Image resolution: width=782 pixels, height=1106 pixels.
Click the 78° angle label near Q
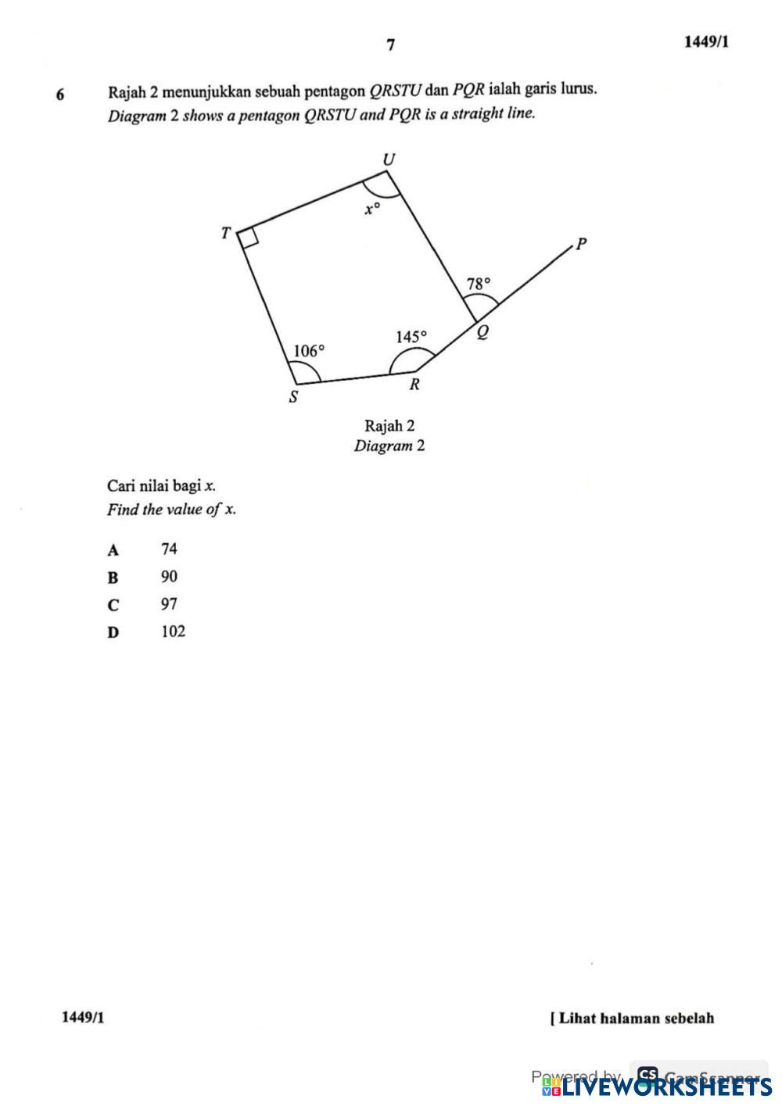[x=479, y=284]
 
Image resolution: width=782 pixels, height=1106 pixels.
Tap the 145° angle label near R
[x=411, y=337]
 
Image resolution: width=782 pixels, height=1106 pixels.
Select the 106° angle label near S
[x=308, y=351]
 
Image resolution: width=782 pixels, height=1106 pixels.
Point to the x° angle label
[x=372, y=209]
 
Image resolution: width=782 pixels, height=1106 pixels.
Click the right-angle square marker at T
[x=249, y=238]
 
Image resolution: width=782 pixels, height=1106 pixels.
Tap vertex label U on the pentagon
[x=389, y=160]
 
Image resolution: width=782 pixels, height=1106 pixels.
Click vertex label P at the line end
[x=580, y=245]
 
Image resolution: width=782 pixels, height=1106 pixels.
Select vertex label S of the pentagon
[x=294, y=397]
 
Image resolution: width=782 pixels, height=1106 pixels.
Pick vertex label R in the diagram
[x=414, y=385]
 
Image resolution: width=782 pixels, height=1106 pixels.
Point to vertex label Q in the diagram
[x=482, y=333]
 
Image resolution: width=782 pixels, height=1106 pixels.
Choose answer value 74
[x=169, y=549]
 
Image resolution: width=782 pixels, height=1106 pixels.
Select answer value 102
[x=173, y=632]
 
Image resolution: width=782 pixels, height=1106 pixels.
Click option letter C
[x=114, y=605]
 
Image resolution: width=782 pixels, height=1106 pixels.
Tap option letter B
[x=113, y=578]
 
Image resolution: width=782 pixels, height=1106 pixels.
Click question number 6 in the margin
[x=60, y=95]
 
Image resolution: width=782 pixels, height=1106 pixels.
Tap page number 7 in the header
[x=390, y=45]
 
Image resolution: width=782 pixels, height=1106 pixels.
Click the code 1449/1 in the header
[x=706, y=42]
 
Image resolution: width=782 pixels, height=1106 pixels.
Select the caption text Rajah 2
[x=389, y=426]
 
